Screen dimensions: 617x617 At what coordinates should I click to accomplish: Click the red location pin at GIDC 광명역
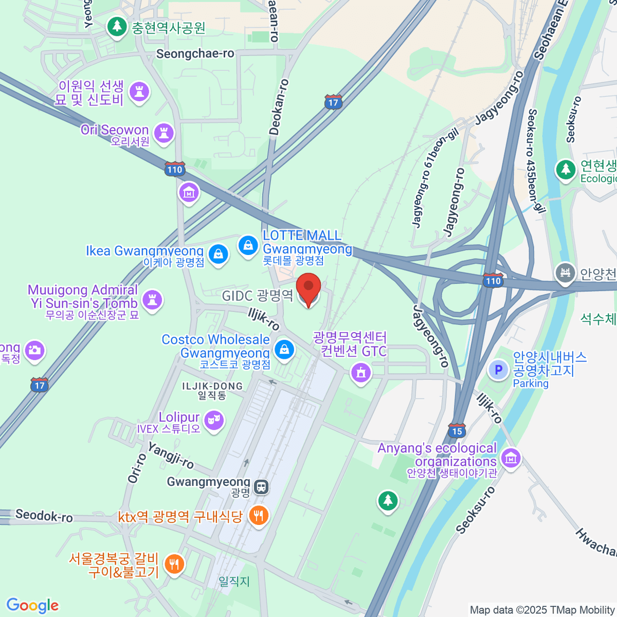[x=308, y=288]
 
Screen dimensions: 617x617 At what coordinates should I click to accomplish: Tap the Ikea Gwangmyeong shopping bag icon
[x=219, y=254]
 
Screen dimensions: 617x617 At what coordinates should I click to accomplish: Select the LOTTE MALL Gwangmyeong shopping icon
[x=248, y=245]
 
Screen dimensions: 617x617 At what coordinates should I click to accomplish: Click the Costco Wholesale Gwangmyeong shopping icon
[x=284, y=350]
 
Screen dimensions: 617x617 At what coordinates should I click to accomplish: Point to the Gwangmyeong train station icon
[x=261, y=486]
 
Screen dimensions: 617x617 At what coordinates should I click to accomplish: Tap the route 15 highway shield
[x=457, y=431]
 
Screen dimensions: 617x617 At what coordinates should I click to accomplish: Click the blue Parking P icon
[x=498, y=369]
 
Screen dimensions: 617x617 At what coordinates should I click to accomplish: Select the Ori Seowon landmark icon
[x=164, y=133]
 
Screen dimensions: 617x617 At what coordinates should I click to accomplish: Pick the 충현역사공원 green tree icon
[x=117, y=26]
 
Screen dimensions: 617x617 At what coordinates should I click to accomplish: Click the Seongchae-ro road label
[x=195, y=53]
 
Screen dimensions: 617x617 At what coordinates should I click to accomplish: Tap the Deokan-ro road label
[x=278, y=107]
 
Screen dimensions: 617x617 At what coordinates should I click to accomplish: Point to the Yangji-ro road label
[x=171, y=455]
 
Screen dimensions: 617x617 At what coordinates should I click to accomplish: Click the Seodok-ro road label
[x=44, y=515]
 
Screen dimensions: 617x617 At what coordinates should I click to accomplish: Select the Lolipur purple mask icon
[x=214, y=420]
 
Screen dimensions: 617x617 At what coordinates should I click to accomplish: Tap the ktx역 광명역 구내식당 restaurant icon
[x=258, y=515]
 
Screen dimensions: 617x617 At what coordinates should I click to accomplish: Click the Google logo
[x=32, y=605]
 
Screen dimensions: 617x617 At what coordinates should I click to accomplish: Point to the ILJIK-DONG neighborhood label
[x=212, y=386]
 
